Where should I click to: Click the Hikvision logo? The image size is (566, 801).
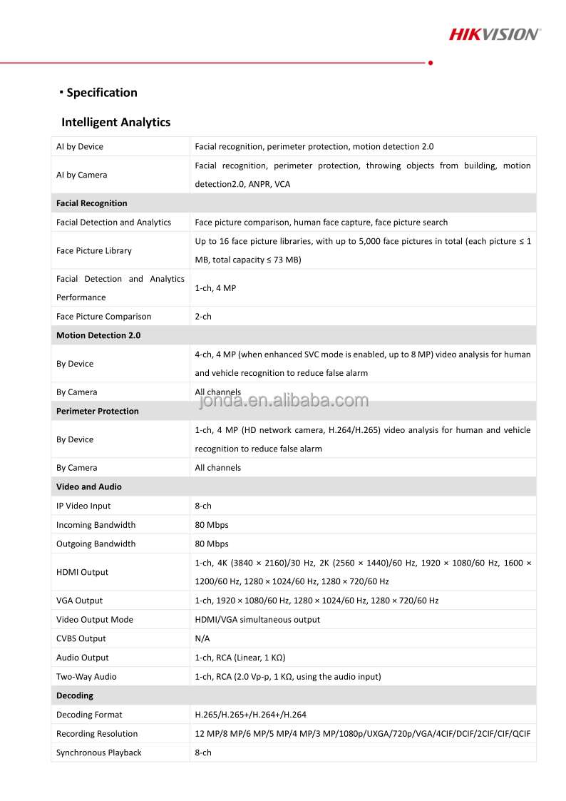pyautogui.click(x=494, y=34)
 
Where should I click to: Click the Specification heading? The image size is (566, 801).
pyautogui.click(x=101, y=93)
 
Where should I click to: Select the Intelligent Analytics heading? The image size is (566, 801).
pyautogui.click(x=115, y=122)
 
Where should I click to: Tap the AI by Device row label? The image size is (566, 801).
pyautogui.click(x=80, y=146)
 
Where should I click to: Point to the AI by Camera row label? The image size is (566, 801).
pyautogui.click(x=82, y=175)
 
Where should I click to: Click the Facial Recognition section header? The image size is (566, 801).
pyautogui.click(x=92, y=203)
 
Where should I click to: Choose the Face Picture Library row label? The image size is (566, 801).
pyautogui.click(x=94, y=250)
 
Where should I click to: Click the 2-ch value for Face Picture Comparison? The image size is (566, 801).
pyautogui.click(x=203, y=316)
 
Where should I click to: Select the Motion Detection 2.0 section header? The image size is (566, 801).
pyautogui.click(x=98, y=335)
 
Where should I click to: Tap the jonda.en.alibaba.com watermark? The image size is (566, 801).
pyautogui.click(x=283, y=401)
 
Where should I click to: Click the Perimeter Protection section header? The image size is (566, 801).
pyautogui.click(x=98, y=411)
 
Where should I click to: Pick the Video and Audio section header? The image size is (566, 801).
pyautogui.click(x=89, y=486)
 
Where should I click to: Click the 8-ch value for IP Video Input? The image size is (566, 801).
pyautogui.click(x=203, y=506)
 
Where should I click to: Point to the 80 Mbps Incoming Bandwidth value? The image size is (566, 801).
pyautogui.click(x=212, y=525)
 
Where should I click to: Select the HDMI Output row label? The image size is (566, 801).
pyautogui.click(x=83, y=572)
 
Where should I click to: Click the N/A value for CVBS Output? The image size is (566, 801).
pyautogui.click(x=202, y=638)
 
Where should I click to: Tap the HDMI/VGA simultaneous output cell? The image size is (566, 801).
pyautogui.click(x=257, y=620)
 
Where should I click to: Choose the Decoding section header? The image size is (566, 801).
pyautogui.click(x=75, y=695)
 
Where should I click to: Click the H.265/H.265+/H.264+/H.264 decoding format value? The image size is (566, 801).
pyautogui.click(x=251, y=715)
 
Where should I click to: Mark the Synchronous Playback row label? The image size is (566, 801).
pyautogui.click(x=99, y=752)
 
